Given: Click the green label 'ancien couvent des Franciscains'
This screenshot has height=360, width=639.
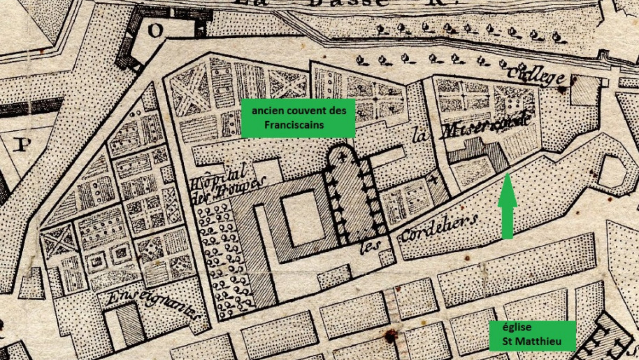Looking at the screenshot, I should (298, 118).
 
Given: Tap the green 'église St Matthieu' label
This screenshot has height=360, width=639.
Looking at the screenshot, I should (532, 335).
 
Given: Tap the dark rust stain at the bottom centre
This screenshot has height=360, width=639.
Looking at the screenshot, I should (391, 337).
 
